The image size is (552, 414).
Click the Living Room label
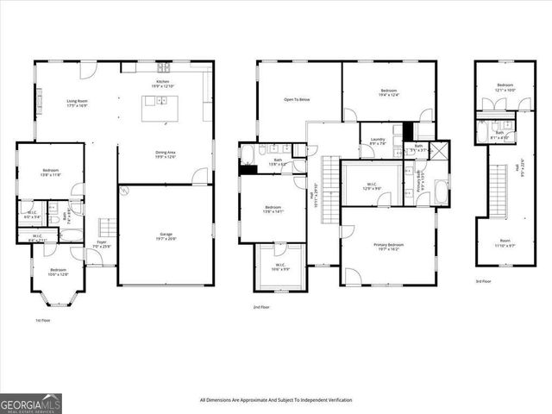[x=78, y=103]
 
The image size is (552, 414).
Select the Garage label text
[x=166, y=235]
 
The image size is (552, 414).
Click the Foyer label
[x=102, y=244]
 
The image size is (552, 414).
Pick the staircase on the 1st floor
[x=104, y=228]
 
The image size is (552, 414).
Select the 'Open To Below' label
[x=297, y=99]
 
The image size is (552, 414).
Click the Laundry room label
[x=378, y=141]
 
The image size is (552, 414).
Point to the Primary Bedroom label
[x=388, y=248]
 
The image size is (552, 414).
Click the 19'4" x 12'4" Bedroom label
[x=388, y=92]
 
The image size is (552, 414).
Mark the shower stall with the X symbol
[x=440, y=150]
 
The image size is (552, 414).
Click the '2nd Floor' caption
[x=261, y=307]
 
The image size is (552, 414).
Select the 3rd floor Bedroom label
[x=505, y=86]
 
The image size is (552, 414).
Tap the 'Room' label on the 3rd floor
[x=505, y=244]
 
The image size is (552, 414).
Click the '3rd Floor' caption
[x=484, y=282]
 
